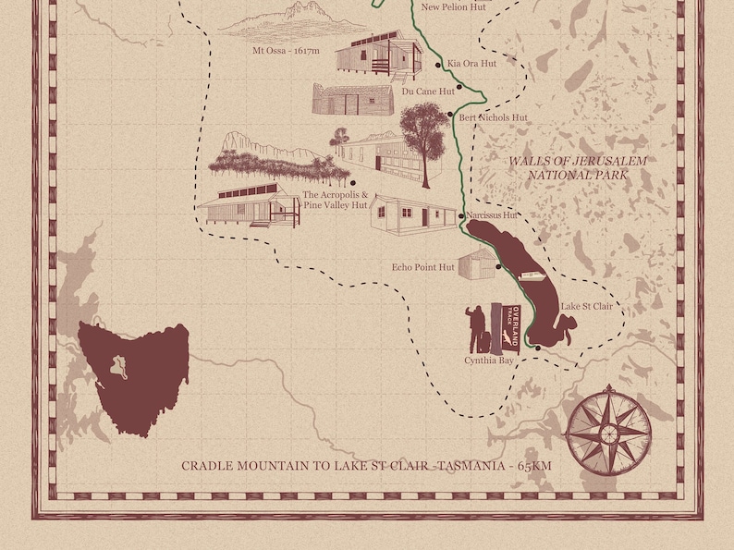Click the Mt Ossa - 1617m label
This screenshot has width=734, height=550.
click(x=286, y=51)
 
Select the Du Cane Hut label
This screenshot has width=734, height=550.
click(x=428, y=92)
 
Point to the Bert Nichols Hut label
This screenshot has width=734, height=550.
click(x=493, y=118)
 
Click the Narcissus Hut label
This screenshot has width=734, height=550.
click(x=492, y=215)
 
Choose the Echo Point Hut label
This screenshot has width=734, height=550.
click(x=422, y=267)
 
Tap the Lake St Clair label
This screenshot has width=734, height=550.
click(x=587, y=306)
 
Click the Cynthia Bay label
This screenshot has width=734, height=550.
click(x=489, y=360)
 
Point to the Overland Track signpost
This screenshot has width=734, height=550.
click(x=508, y=327)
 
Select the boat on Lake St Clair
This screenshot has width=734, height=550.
click(x=532, y=275)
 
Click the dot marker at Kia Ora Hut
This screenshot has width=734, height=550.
click(x=438, y=65)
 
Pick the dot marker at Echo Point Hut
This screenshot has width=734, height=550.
click(x=498, y=267)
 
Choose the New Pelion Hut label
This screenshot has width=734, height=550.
click(x=453, y=7)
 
